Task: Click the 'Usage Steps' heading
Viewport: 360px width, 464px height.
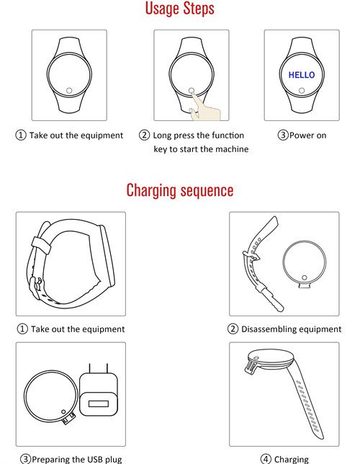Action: [x=179, y=9]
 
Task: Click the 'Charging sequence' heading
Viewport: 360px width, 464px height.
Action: [x=180, y=190]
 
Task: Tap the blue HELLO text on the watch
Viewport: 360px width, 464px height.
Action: [x=302, y=75]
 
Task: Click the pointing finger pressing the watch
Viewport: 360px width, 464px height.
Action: [x=204, y=107]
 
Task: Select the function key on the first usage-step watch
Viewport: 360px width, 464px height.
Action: [x=69, y=91]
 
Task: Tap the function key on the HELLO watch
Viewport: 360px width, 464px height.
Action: [x=302, y=91]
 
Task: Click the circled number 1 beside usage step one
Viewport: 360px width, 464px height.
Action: [x=21, y=135]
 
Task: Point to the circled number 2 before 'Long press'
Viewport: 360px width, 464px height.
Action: [x=144, y=135]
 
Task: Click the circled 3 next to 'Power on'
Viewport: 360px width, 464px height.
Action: [x=283, y=135]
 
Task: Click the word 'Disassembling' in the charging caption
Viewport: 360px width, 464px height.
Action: [x=267, y=329]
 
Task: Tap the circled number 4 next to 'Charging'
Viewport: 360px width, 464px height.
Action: [x=266, y=459]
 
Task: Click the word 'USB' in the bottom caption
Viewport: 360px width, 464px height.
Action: [x=94, y=459]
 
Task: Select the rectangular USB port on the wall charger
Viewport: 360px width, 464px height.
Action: [x=99, y=403]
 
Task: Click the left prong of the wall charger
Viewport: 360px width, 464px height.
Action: [x=89, y=368]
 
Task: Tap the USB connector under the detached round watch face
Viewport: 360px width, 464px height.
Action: [x=305, y=285]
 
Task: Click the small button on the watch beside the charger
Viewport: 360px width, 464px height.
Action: [x=63, y=411]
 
